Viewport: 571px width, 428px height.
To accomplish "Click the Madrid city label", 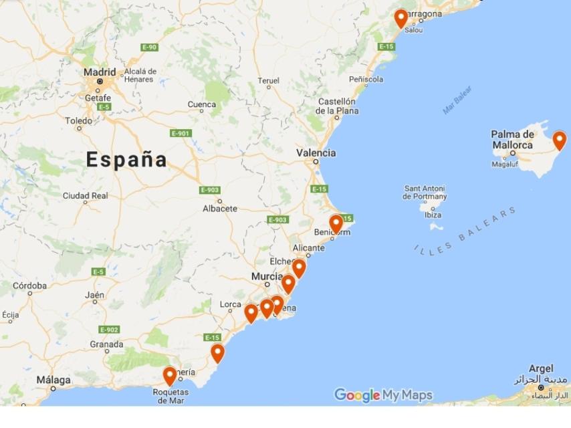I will [x=99, y=72].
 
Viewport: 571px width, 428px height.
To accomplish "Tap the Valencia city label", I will [x=316, y=152].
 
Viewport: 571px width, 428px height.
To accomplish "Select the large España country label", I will [x=126, y=159].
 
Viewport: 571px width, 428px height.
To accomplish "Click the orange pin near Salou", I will [x=401, y=18].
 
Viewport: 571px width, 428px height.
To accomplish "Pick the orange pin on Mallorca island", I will [x=559, y=140].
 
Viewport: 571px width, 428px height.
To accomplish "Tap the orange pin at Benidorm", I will [x=336, y=223].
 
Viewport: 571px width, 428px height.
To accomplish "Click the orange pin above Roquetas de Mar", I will [x=170, y=376].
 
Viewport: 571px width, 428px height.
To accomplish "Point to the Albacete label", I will [x=219, y=209].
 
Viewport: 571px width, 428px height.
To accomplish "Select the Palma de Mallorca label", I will [x=512, y=139].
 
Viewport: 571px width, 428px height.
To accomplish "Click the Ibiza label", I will [x=433, y=215].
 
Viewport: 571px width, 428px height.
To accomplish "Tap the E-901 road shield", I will [x=181, y=133].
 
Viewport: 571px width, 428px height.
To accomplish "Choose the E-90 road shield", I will [x=149, y=47].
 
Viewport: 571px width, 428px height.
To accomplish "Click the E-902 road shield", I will [x=108, y=329].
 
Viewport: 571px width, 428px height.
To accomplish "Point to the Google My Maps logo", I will [x=383, y=395].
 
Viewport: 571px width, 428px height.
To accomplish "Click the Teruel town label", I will [x=268, y=80].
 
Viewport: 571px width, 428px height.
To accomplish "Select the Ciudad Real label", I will [x=85, y=196].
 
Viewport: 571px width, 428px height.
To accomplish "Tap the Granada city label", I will [x=106, y=344].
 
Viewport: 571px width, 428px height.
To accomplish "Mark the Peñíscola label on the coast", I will [x=366, y=79].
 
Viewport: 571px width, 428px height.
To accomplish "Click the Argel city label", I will [x=541, y=368].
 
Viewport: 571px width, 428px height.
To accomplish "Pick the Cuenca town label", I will [x=201, y=104].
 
